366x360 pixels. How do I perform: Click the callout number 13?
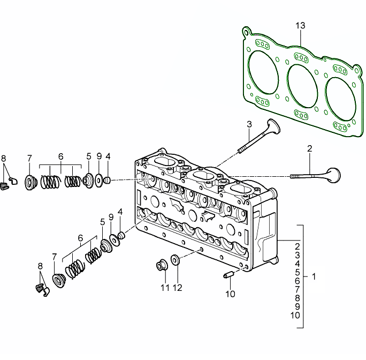point(300,25)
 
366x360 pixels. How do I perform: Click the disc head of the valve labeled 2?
point(333,176)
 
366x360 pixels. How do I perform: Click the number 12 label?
point(178,288)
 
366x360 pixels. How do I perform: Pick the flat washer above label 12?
point(175,260)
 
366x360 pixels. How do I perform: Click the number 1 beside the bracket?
point(314,277)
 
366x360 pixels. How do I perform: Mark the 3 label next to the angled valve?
point(249,125)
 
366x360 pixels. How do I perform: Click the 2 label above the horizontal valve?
point(309,148)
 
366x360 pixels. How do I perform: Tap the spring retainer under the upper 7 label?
point(31,182)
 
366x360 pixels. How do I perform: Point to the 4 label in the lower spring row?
point(120,212)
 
